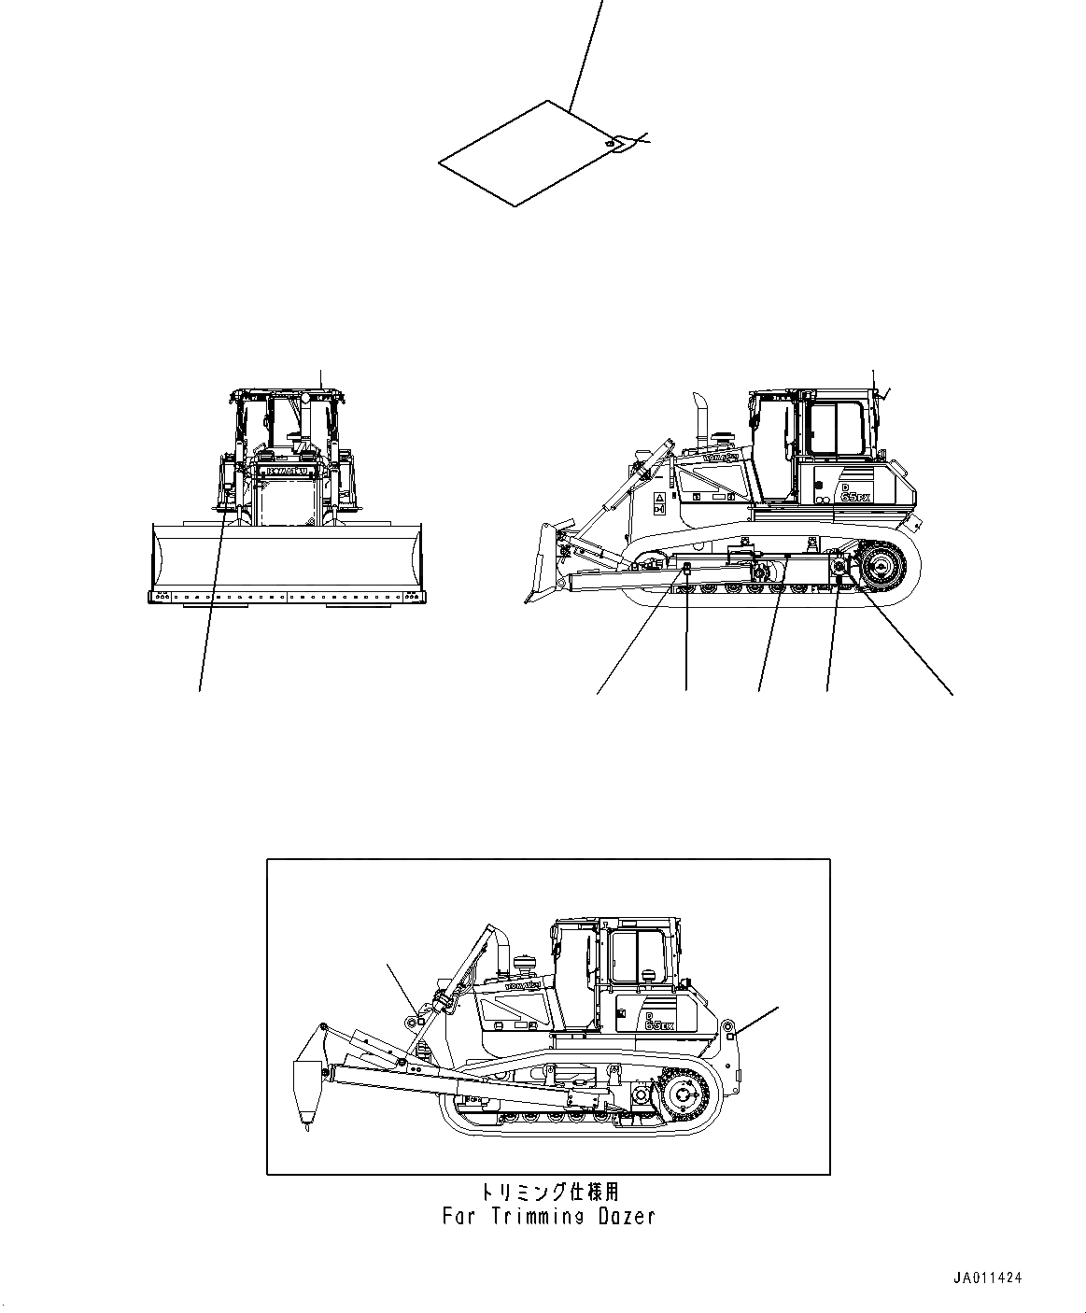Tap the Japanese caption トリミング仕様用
click(548, 1192)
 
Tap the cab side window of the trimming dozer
click(637, 955)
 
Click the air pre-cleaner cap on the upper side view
click(720, 435)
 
